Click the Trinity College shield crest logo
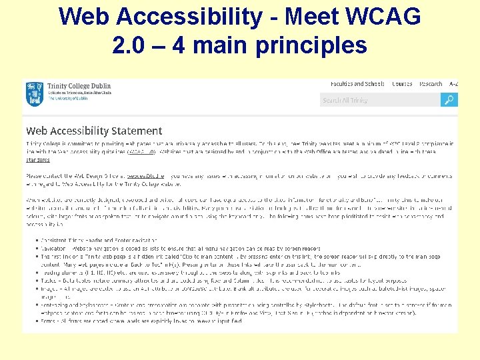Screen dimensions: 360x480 pos(34,93)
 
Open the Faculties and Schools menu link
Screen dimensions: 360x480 pos(357,84)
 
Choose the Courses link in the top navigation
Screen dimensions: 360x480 pos(402,84)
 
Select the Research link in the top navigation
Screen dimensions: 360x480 pos(431,84)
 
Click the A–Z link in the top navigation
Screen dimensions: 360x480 pos(453,84)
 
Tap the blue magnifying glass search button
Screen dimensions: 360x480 pos(449,100)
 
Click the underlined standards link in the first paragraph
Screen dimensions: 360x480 pos(38,160)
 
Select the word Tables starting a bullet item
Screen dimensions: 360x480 pos(49,280)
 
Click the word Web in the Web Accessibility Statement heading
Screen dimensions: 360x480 pos(36,131)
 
